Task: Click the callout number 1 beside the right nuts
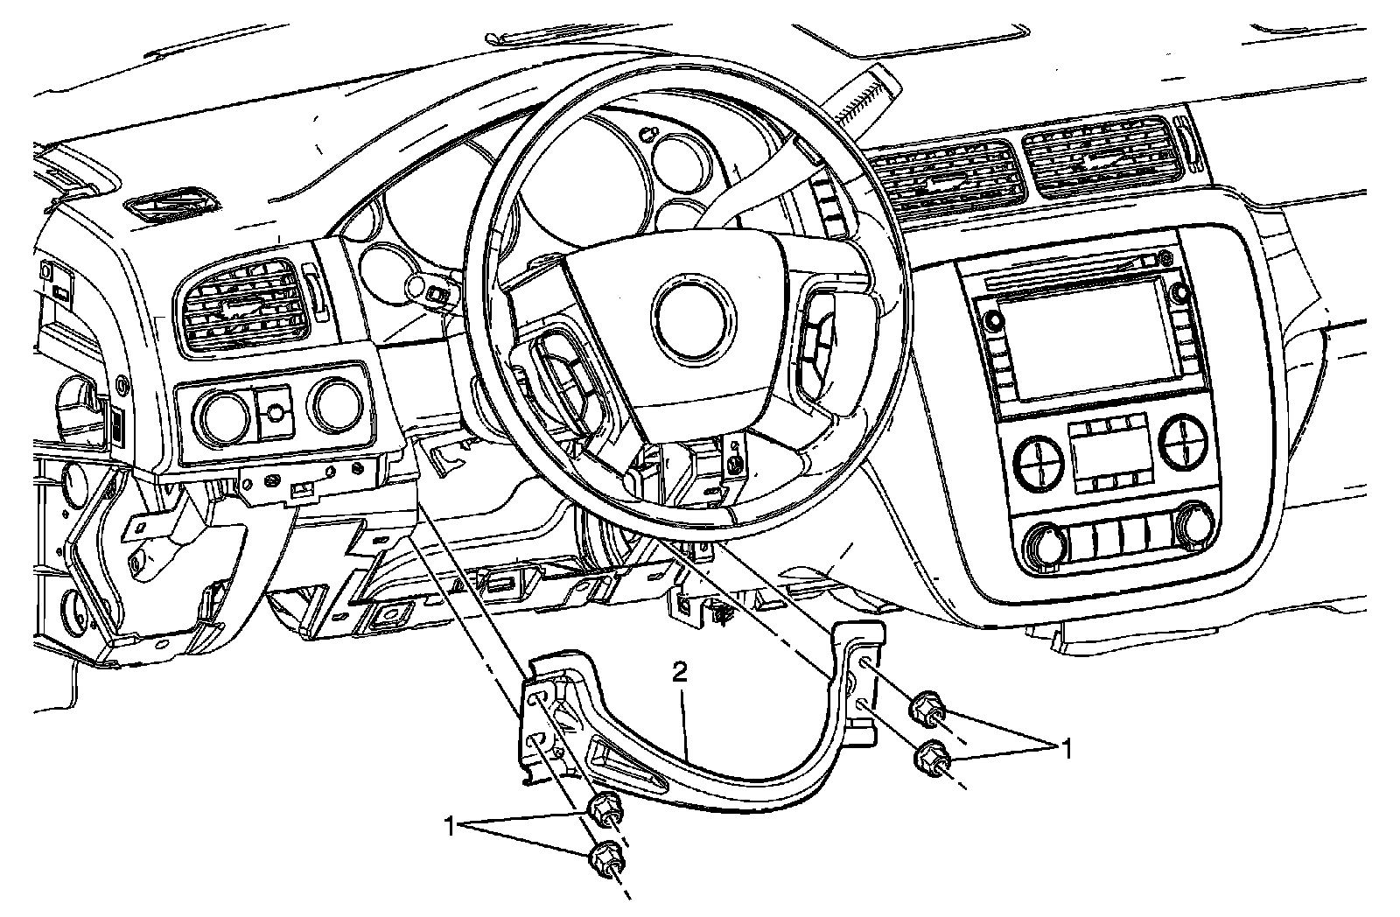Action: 1065,748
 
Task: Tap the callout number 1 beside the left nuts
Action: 451,824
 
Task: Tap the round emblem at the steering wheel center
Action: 689,319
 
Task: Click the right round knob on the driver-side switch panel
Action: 338,404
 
